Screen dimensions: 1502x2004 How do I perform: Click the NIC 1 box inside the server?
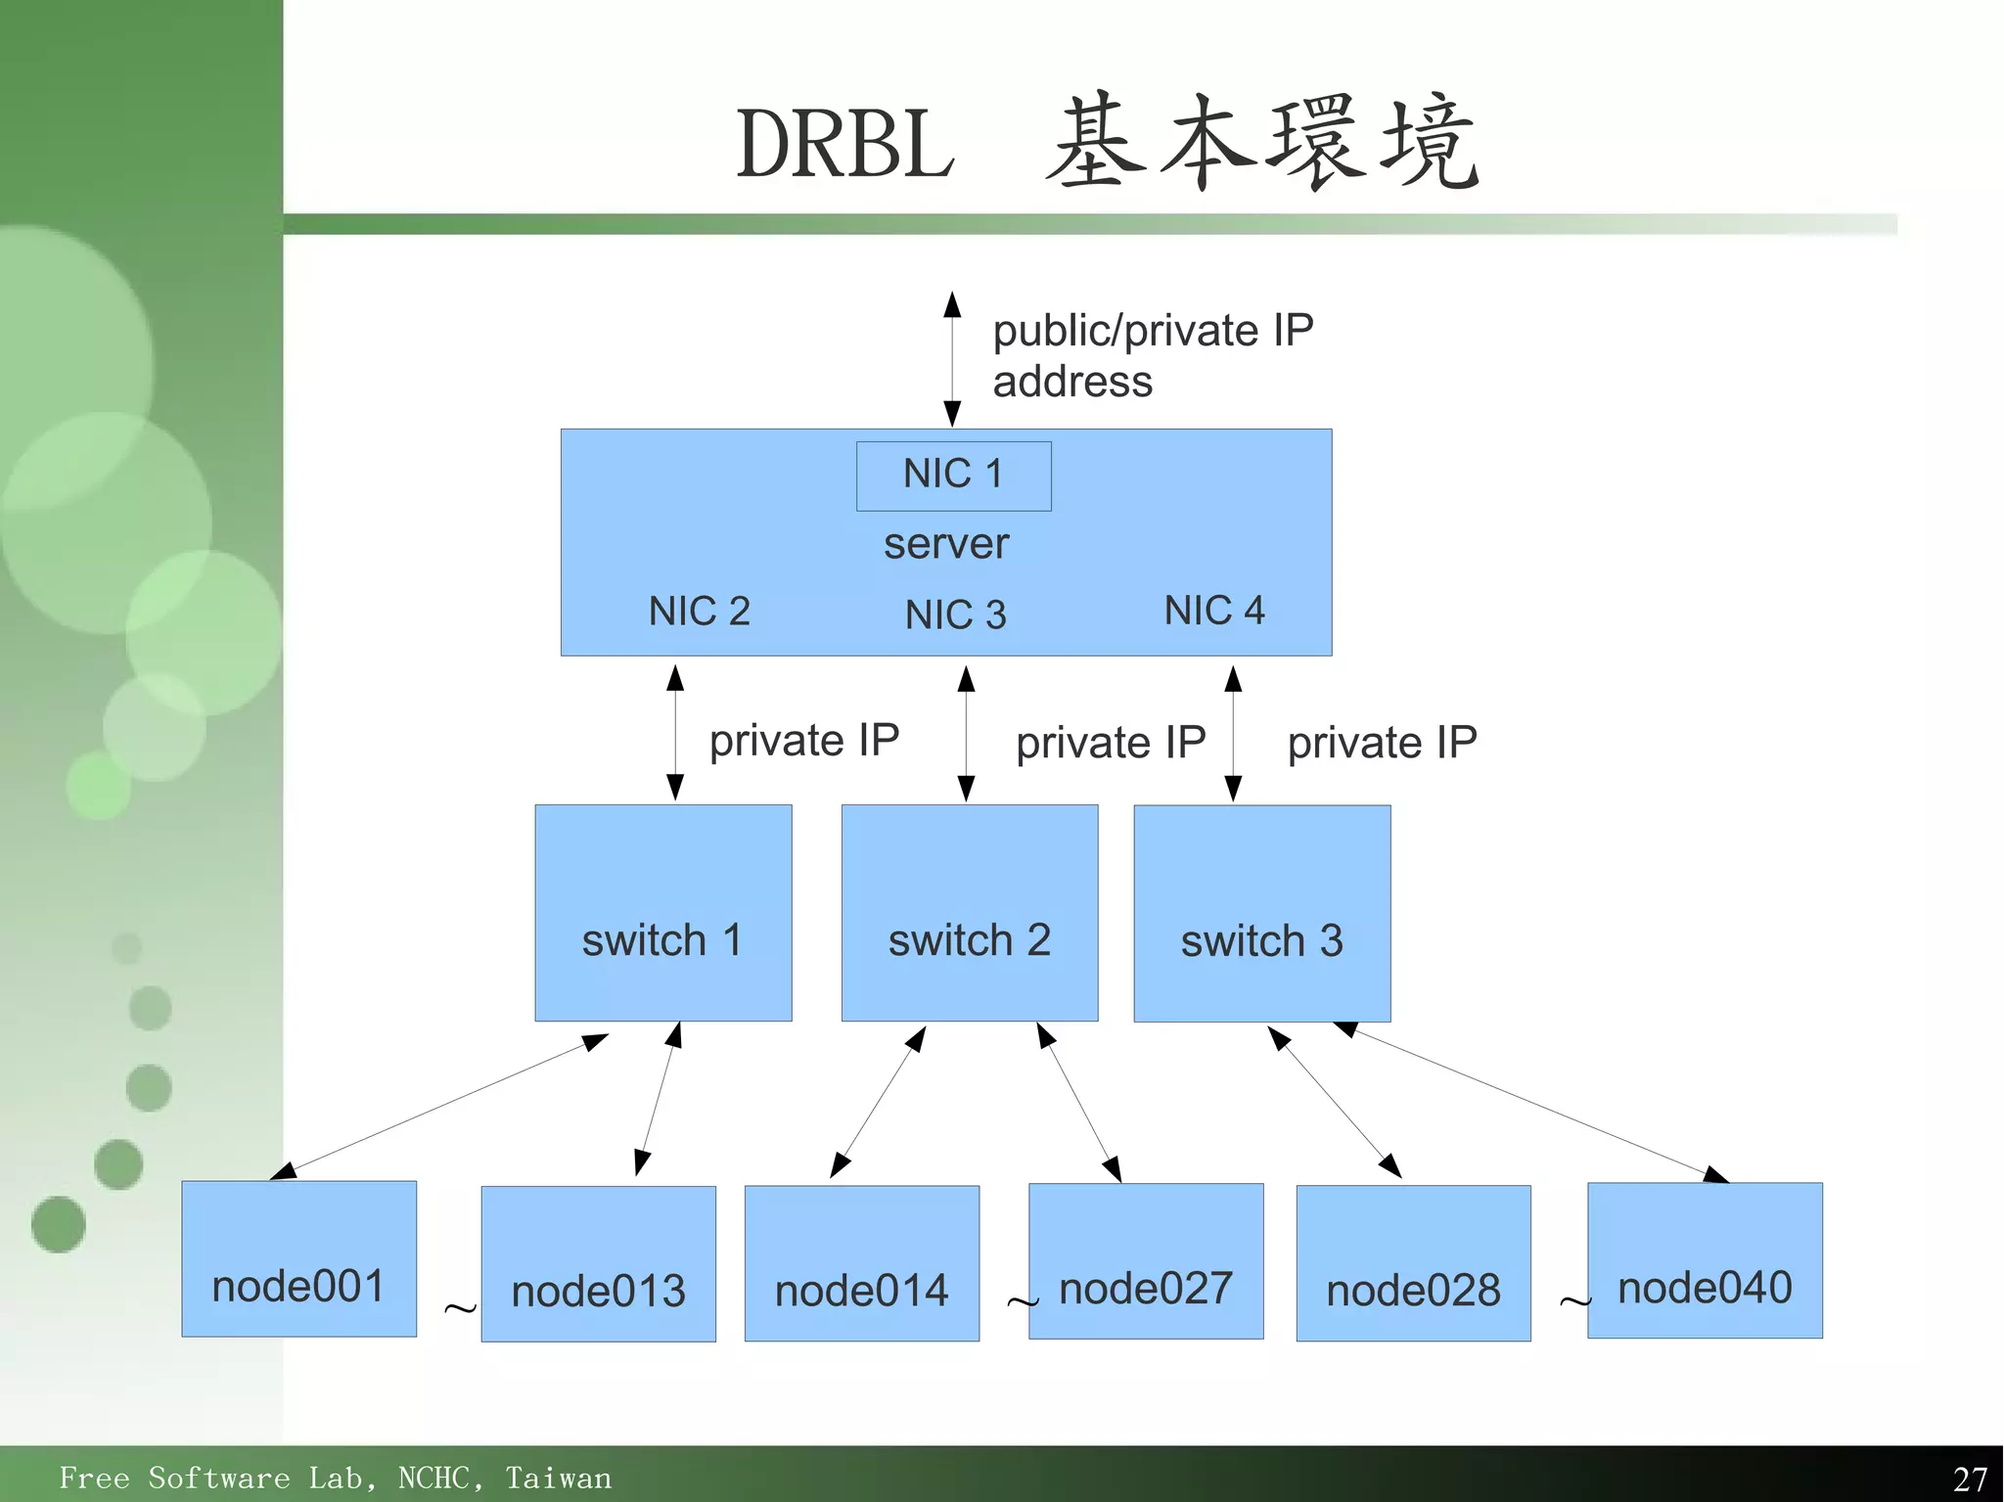[953, 476]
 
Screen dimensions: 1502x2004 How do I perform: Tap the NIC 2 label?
[699, 612]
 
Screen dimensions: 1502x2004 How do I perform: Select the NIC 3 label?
[955, 615]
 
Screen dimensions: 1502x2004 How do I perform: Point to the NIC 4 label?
[1213, 611]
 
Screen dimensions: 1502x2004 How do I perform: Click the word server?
[945, 544]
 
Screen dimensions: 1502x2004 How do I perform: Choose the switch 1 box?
[662, 912]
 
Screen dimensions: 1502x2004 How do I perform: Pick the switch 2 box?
[969, 912]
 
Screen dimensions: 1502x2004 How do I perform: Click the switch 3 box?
[1261, 912]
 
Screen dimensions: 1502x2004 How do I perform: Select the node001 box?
[298, 1258]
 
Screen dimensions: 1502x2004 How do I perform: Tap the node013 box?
[598, 1263]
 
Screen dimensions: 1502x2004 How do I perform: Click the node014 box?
[861, 1262]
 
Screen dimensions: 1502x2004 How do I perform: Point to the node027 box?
[1145, 1260]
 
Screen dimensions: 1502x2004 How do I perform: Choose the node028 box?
[1413, 1262]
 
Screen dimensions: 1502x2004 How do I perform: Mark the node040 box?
[1704, 1259]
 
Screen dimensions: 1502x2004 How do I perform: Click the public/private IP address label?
[1152, 355]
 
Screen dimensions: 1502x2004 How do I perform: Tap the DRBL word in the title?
[845, 145]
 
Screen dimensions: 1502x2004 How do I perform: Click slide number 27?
[1970, 1478]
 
